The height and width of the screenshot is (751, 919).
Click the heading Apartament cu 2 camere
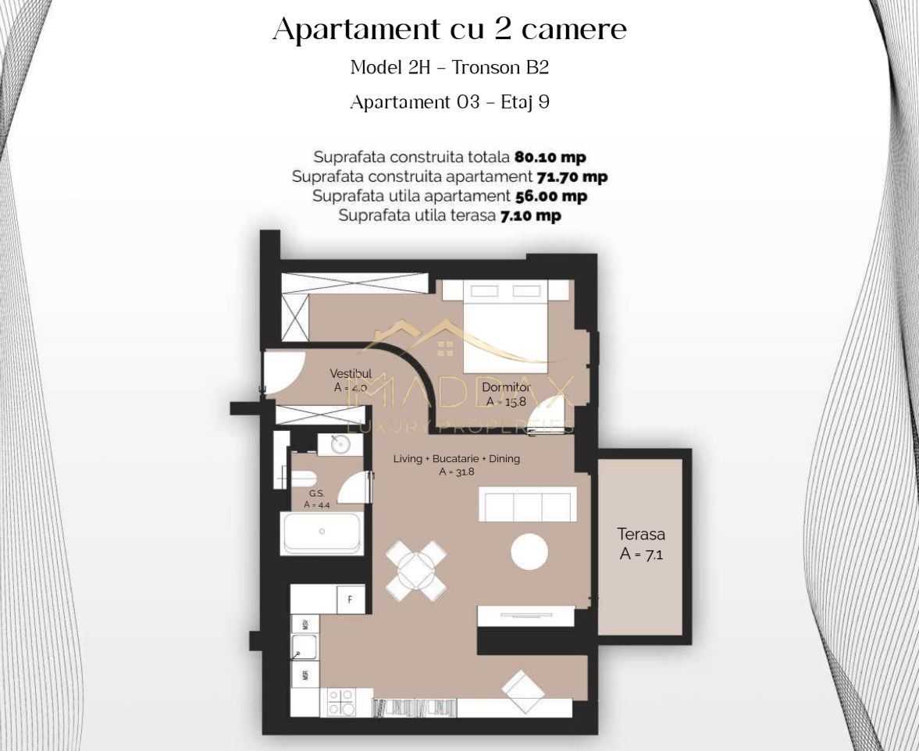[450, 30]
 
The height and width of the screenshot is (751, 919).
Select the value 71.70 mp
[572, 176]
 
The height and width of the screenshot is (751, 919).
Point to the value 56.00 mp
[550, 196]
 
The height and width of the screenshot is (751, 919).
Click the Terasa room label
[641, 536]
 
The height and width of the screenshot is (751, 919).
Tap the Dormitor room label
[506, 387]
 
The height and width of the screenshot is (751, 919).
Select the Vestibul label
[350, 374]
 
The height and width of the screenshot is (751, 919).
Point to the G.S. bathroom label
[316, 493]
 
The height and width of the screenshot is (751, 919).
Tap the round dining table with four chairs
[416, 571]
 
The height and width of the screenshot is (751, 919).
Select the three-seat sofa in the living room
[527, 504]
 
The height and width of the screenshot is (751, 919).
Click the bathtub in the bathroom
[322, 533]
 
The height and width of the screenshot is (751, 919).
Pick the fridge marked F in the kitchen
[351, 600]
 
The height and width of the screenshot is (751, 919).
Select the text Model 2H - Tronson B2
[450, 67]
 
